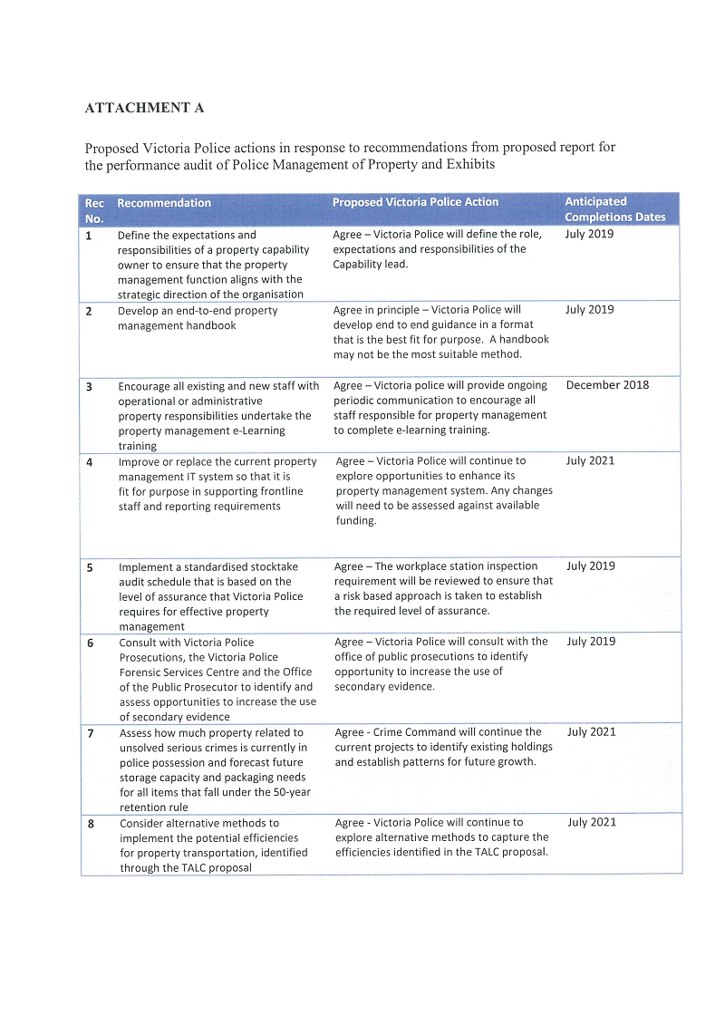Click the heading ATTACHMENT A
[x=144, y=108]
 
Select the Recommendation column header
[x=164, y=203]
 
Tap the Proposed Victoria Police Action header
[x=415, y=202]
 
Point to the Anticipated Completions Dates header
[x=614, y=209]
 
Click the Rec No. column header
[x=94, y=210]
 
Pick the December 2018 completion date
[x=607, y=385]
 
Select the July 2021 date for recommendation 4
[x=590, y=460]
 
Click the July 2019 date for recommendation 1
[x=589, y=234]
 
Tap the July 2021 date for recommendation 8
[x=591, y=822]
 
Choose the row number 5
[x=90, y=567]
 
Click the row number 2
[x=89, y=311]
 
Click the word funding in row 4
[x=354, y=521]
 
